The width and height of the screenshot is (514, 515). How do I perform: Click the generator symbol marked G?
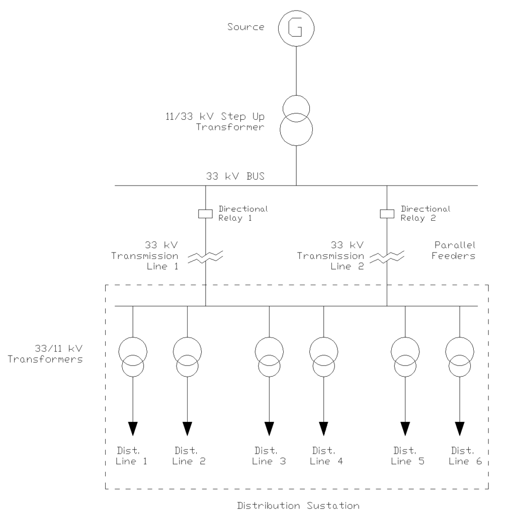pos(296,29)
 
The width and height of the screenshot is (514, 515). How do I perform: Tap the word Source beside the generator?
pos(245,27)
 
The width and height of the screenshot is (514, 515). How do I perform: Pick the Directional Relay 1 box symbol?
pos(206,214)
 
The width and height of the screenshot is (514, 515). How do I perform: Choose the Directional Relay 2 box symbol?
pos(387,214)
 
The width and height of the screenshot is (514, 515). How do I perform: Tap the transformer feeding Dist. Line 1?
pos(133,357)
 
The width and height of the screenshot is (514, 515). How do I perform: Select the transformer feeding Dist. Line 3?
pos(269,357)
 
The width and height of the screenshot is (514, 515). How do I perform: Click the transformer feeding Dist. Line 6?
pos(460,357)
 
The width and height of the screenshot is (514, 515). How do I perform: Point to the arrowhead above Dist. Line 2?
pos(187,428)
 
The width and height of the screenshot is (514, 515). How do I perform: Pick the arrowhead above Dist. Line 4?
pos(323,428)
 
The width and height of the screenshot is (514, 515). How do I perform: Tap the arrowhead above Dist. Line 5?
pos(405,428)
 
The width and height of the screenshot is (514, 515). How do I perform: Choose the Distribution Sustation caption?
pos(299,505)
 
